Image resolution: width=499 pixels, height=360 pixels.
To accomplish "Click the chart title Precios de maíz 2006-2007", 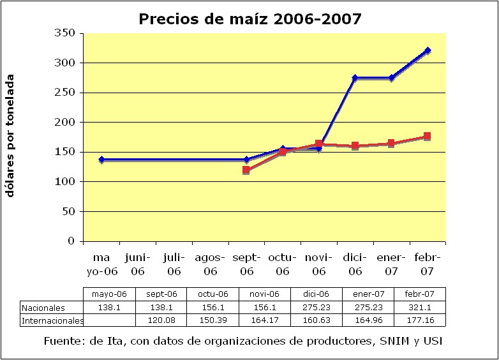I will [250, 19].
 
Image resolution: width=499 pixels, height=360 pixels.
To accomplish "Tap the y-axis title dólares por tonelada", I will [11, 136].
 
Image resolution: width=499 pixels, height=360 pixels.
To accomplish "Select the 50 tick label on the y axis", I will [71, 211].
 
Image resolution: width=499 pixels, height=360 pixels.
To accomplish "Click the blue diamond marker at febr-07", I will [428, 50].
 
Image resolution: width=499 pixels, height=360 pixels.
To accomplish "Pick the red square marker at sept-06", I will [246, 170].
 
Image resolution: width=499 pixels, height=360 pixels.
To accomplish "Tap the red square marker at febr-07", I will [428, 136].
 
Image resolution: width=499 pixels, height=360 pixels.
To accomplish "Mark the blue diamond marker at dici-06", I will [355, 78].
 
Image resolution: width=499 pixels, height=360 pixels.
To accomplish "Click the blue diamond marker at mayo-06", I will [101, 160].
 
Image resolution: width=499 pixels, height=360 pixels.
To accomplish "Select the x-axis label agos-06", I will [210, 264].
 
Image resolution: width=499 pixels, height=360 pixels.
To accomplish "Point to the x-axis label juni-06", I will [137, 264].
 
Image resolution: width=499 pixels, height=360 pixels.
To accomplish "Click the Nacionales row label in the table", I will [43, 308].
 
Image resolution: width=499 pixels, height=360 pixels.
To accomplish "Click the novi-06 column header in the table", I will [265, 295].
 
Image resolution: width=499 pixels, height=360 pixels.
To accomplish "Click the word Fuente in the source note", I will [62, 341].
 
